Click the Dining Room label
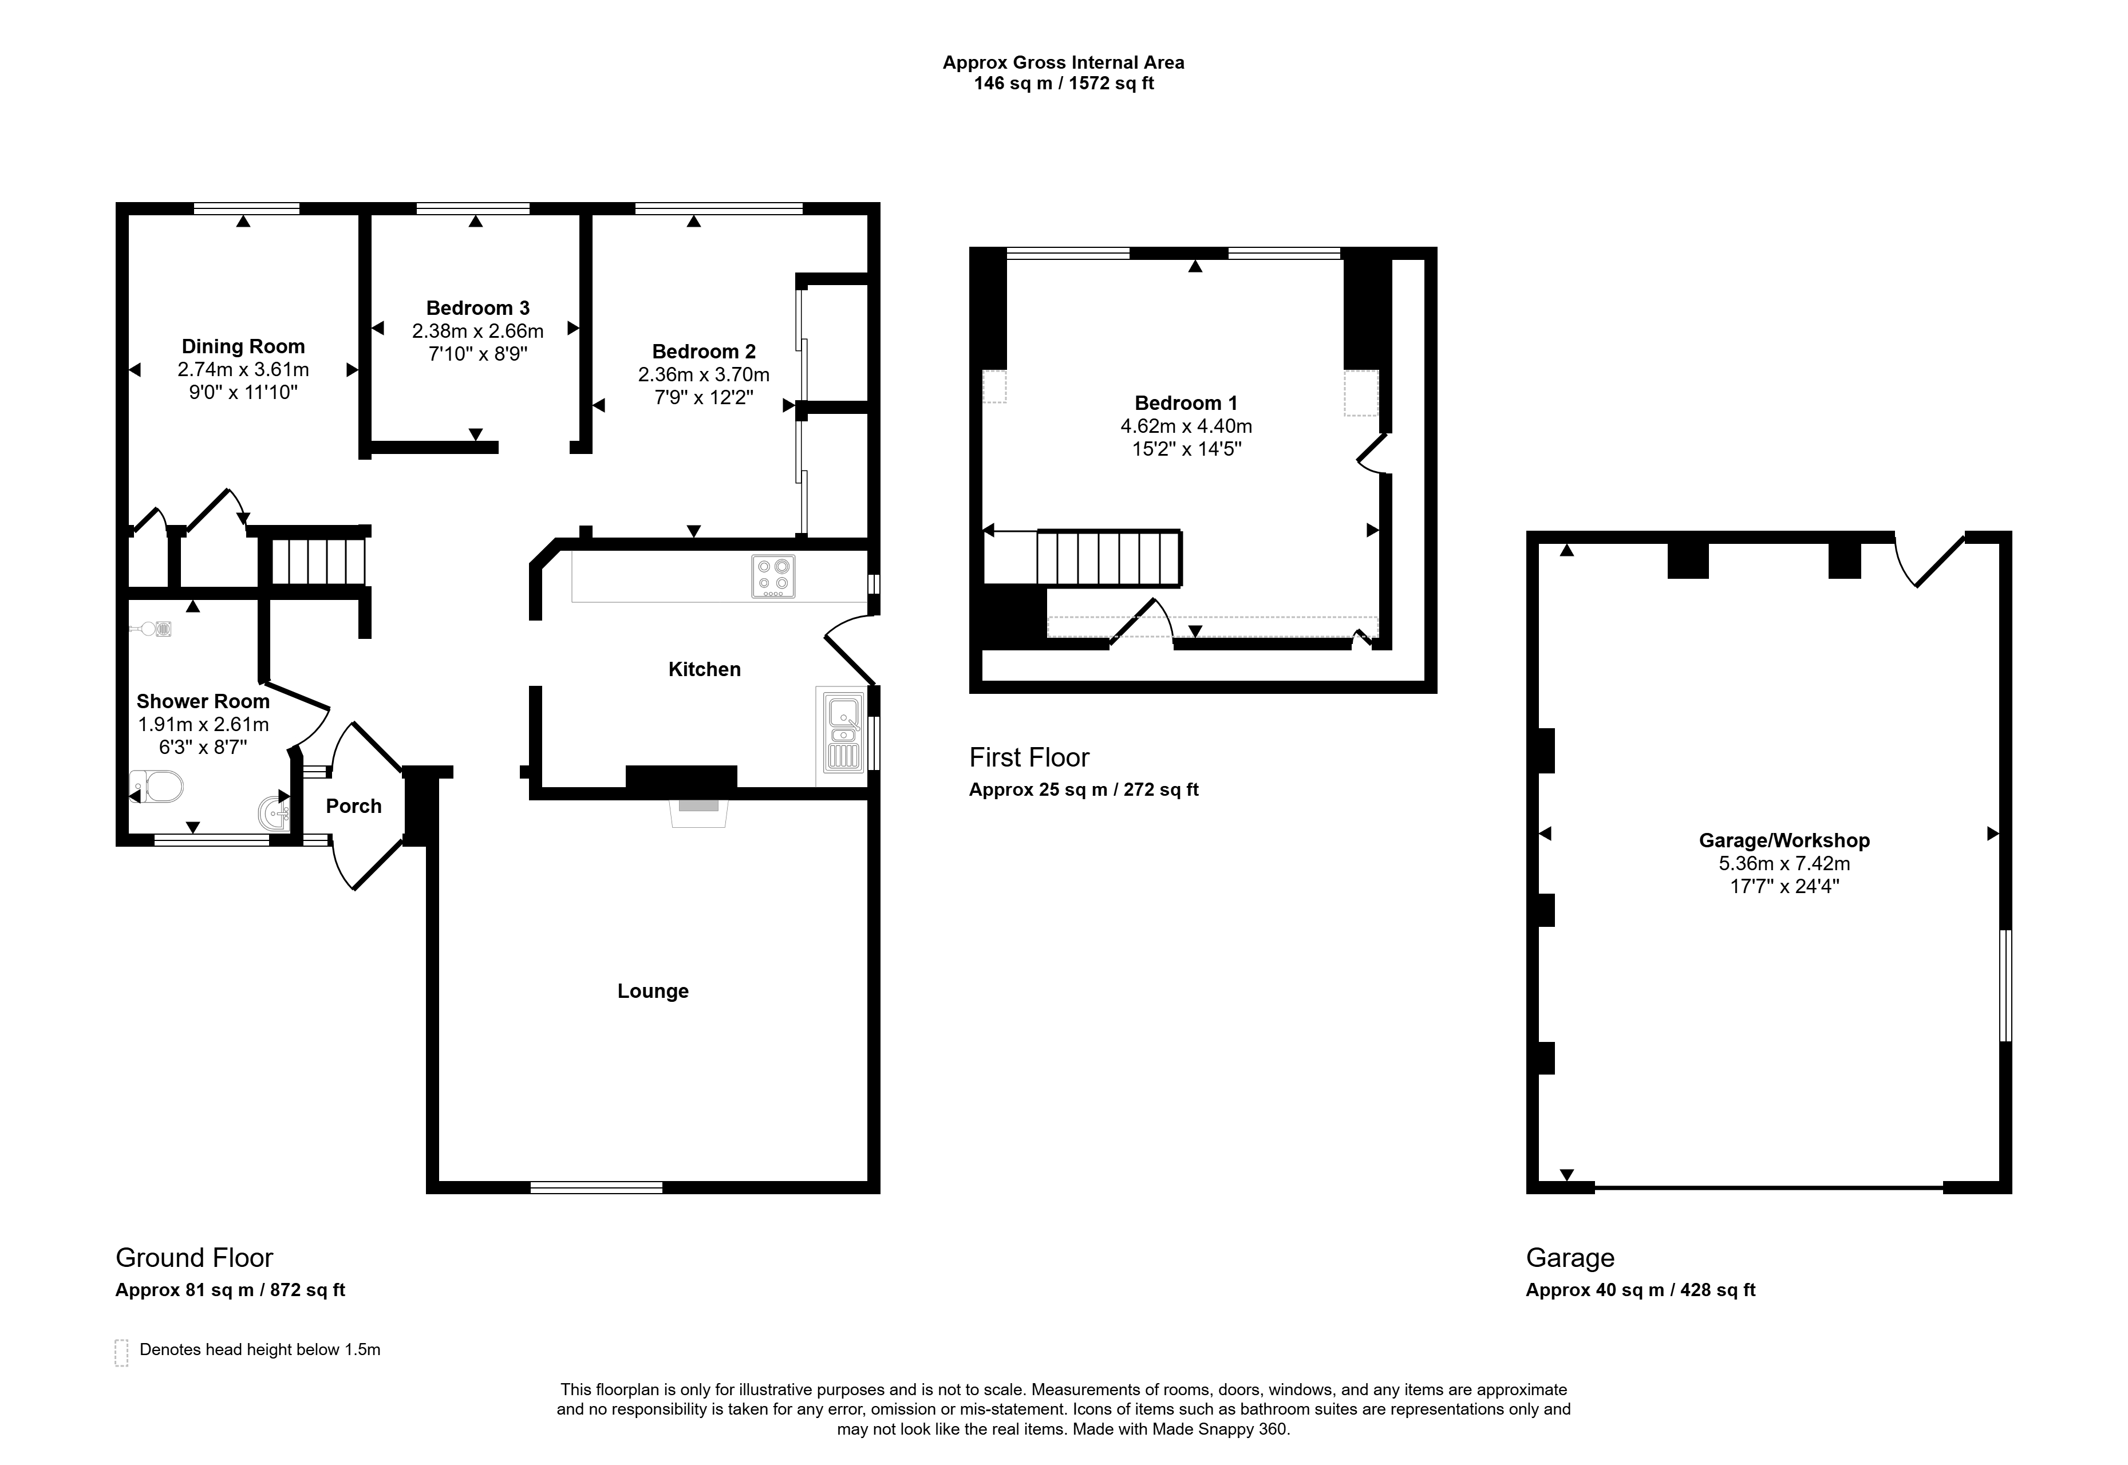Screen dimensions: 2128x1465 tap(243, 347)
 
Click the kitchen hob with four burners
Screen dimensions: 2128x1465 tap(773, 576)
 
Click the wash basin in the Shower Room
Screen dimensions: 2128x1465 tap(274, 812)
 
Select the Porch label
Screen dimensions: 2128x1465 tap(353, 806)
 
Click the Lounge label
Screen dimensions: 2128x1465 tap(653, 992)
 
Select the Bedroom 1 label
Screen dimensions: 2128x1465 tap(1186, 403)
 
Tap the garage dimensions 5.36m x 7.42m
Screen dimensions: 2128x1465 tap(1784, 864)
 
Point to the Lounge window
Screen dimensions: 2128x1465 tap(597, 1188)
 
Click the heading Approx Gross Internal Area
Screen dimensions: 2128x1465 tap(1063, 62)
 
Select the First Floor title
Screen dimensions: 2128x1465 tap(1029, 757)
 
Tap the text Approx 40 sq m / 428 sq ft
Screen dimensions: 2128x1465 tap(1641, 1290)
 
